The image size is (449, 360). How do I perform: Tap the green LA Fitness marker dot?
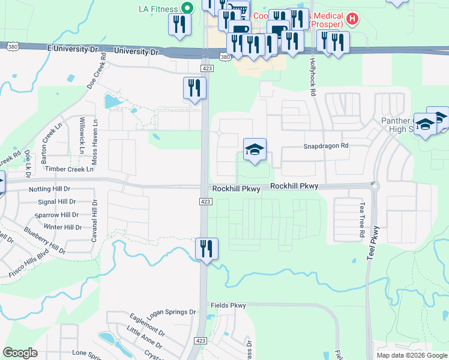187,8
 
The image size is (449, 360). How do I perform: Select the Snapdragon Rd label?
326,146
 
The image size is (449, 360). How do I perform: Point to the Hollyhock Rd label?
313,77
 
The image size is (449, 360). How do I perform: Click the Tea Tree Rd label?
362,220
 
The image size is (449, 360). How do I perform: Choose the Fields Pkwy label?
228,305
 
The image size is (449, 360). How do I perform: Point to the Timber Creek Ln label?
69,170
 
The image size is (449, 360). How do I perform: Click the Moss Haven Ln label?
94,142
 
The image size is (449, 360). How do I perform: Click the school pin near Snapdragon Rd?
255,150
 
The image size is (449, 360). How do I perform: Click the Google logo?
20,353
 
